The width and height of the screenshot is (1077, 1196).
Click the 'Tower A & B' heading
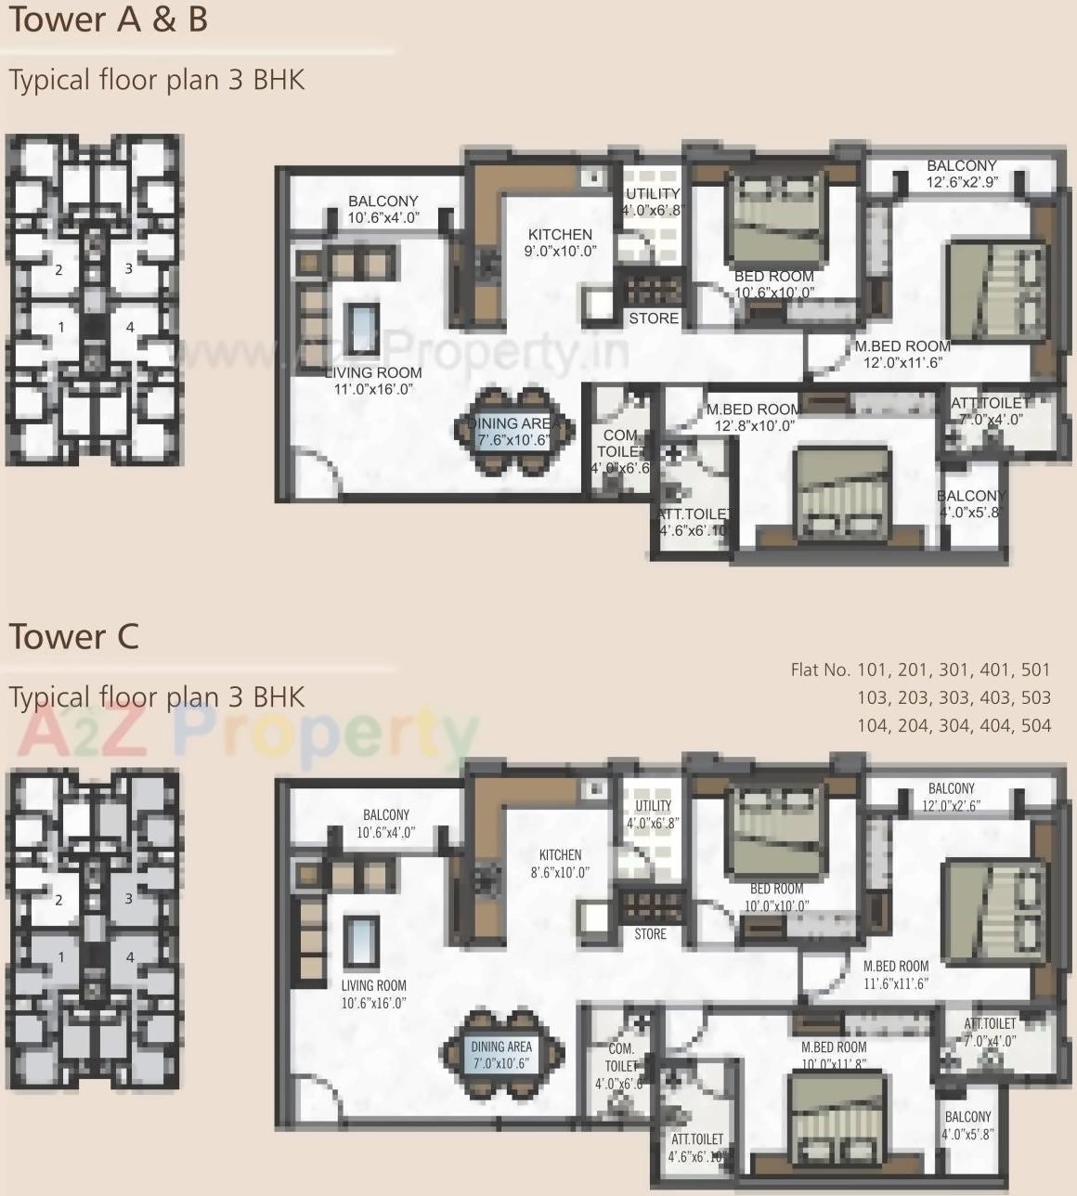click(108, 19)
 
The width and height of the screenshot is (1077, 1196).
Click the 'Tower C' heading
click(73, 637)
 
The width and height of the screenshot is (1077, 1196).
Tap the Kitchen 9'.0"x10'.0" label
click(560, 242)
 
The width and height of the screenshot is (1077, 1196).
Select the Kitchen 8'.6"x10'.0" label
click(560, 864)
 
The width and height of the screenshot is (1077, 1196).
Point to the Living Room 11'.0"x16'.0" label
click(373, 381)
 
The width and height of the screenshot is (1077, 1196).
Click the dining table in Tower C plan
click(502, 1055)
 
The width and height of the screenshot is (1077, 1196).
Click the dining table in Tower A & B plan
click(513, 432)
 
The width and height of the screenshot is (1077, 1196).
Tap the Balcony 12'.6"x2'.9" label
click(961, 174)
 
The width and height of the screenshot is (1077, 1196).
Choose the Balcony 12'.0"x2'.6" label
click(951, 797)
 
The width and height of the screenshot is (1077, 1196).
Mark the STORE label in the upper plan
click(654, 318)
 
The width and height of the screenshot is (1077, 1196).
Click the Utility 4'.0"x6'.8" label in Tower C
click(653, 814)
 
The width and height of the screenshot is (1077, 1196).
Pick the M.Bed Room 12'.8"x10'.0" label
click(753, 417)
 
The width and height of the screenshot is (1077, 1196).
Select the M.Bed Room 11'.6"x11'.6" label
click(895, 975)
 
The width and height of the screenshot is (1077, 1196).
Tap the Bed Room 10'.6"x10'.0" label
click(773, 284)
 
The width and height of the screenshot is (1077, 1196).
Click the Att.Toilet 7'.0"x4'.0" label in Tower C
click(990, 1033)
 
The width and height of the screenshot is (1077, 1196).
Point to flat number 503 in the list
click(1035, 697)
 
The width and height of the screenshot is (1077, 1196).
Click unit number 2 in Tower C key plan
click(58, 900)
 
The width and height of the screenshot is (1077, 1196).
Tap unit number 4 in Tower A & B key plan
click(130, 327)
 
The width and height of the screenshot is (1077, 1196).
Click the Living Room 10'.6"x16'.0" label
click(373, 994)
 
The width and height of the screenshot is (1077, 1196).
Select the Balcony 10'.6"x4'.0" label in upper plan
click(383, 209)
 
